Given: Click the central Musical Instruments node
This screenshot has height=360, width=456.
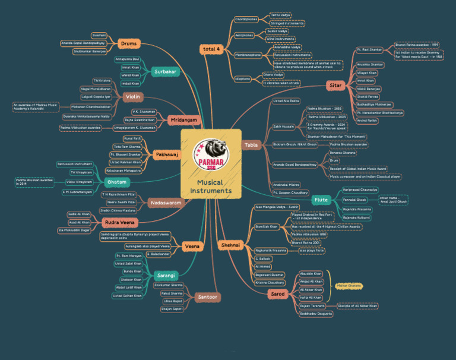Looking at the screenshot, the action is point(211,187).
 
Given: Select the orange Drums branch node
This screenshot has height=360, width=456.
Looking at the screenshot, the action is point(128,43).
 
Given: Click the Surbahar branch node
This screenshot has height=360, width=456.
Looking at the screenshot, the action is point(165,71).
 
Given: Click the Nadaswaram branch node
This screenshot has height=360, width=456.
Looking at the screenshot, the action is point(166,203).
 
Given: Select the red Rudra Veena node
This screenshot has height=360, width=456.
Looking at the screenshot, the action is point(120,222).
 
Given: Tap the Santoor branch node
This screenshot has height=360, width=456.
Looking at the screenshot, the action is point(208,296).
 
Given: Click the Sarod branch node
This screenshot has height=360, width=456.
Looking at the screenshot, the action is point(278,293).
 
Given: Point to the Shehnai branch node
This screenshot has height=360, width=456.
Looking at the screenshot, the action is point(230,244).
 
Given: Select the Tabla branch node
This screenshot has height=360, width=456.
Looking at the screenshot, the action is point(251,144).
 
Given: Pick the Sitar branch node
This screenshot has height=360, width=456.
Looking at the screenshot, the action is point(335,86).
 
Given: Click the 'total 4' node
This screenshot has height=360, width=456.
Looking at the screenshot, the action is point(211,48).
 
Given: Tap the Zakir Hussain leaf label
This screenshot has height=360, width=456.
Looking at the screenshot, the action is point(284,126).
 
